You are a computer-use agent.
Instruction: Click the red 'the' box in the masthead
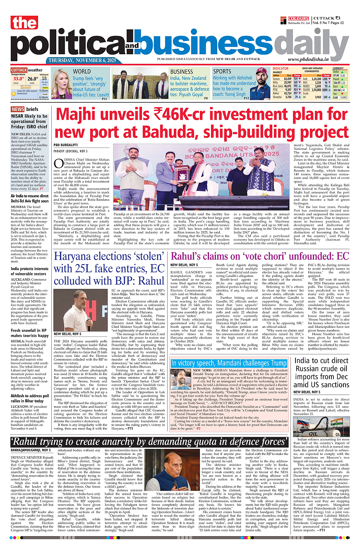pos(25,23)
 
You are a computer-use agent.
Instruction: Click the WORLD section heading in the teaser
pos(82,72)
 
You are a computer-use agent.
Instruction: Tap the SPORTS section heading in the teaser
pos(222,72)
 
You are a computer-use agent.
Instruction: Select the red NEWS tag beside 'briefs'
pos(17,109)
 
